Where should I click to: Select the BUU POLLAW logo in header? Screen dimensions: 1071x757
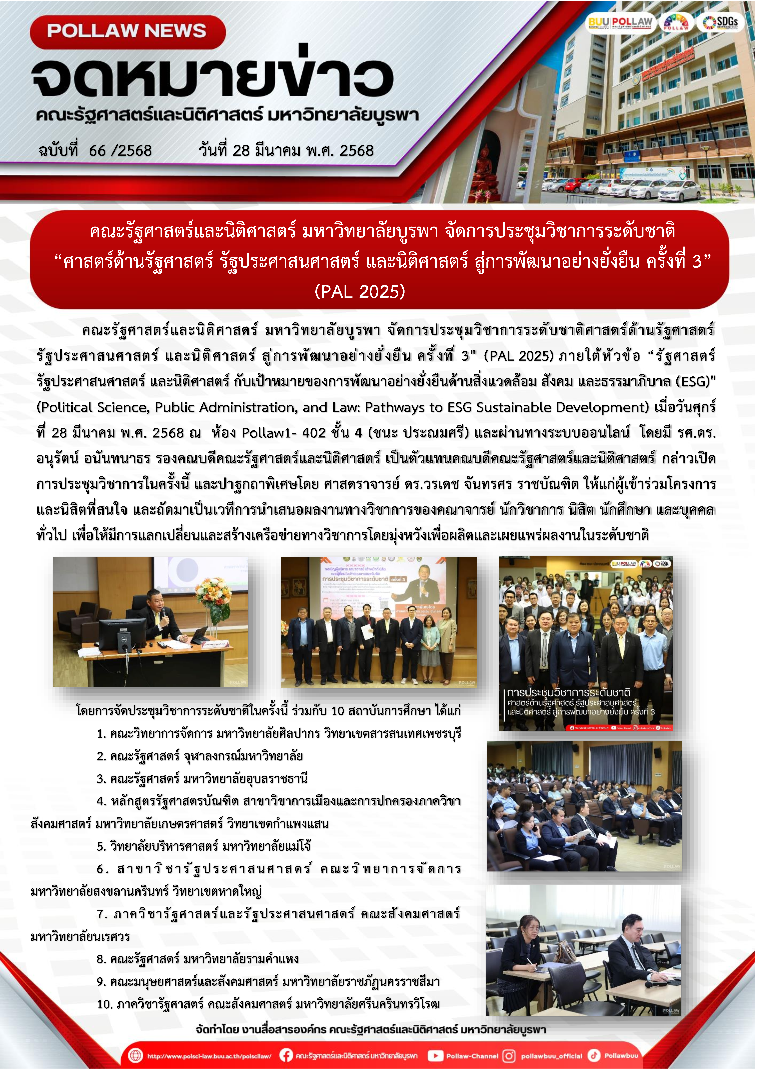(x=620, y=22)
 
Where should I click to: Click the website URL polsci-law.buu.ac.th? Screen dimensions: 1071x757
(x=209, y=1056)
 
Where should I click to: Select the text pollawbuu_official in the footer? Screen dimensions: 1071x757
(x=551, y=1056)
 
